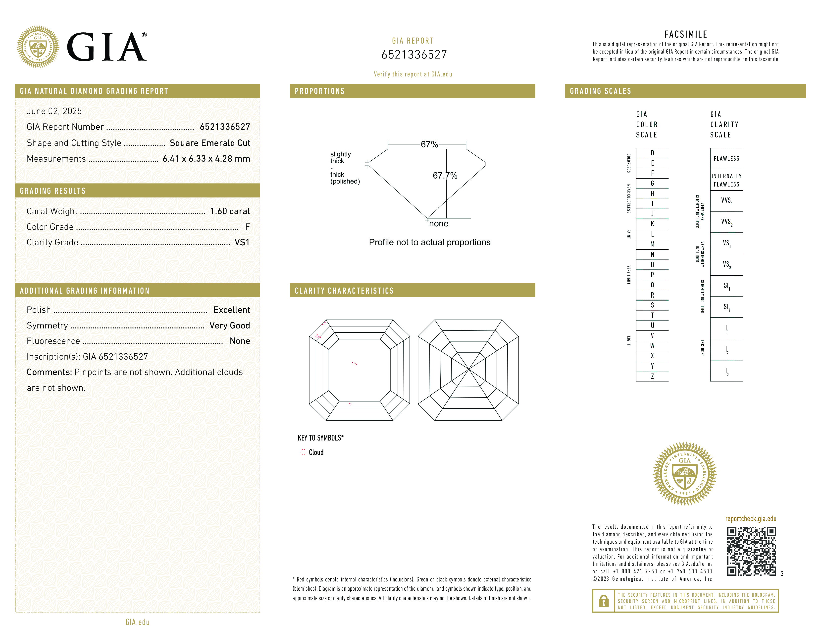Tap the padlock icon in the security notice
click(603, 601)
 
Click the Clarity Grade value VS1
click(242, 242)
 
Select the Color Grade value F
click(247, 227)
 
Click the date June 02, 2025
click(54, 111)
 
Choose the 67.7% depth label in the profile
click(445, 176)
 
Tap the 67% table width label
click(429, 144)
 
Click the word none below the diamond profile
click(438, 224)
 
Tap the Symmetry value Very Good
click(229, 325)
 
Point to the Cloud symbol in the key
click(303, 452)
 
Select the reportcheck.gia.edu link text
click(750, 519)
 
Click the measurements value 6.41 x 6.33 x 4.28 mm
click(206, 159)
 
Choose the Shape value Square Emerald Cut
click(210, 143)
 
